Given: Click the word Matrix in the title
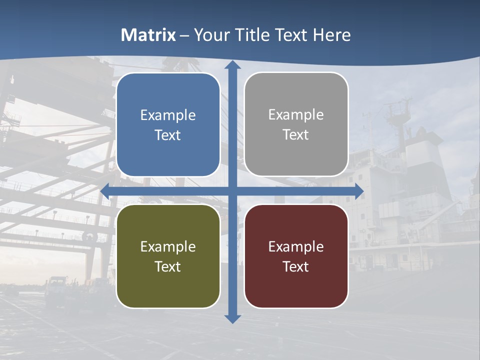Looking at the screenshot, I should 148,35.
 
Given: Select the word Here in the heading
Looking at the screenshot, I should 331,35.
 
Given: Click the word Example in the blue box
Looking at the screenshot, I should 168,115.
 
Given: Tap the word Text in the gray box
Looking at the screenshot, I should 296,135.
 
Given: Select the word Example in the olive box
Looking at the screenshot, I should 168,246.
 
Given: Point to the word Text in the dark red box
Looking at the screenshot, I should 296,266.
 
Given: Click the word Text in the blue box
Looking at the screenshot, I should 168,135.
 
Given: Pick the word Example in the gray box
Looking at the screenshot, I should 296,115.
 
